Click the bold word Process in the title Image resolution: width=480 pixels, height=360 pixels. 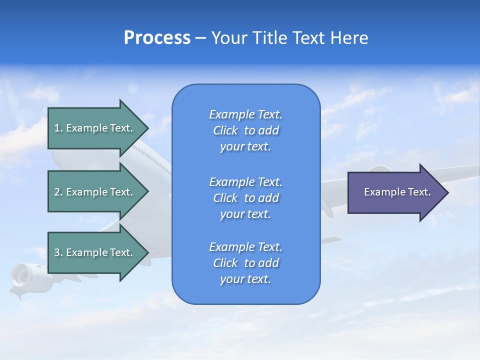coord(157,38)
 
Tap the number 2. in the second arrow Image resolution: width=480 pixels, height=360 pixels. coord(58,192)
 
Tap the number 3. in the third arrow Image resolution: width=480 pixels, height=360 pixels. coord(58,252)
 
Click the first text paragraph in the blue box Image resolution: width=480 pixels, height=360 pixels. coord(245,130)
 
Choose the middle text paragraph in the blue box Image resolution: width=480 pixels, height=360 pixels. coord(245,198)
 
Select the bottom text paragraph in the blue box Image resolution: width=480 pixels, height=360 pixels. coord(245,263)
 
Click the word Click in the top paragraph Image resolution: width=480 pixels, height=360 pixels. coord(225,130)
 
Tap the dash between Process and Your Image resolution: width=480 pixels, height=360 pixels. coord(200,38)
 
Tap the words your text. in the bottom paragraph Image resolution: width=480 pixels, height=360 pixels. coord(245,279)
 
